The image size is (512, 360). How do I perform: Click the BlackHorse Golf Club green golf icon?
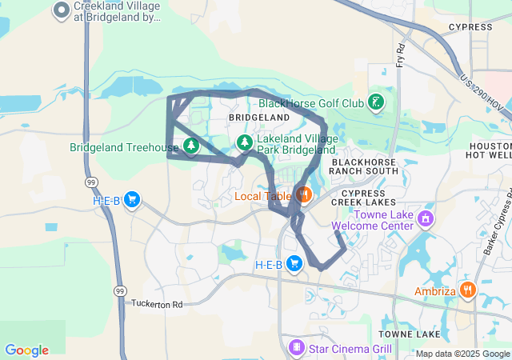[374, 102]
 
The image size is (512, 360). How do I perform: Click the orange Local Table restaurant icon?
[303, 194]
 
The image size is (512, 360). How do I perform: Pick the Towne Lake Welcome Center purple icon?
[426, 218]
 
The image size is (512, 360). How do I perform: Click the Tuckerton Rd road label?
[157, 304]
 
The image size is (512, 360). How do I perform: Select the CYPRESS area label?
[470, 26]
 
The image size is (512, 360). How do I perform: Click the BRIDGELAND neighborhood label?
[258, 117]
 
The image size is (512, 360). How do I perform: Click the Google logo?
[26, 350]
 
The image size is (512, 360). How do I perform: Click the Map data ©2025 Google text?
[462, 354]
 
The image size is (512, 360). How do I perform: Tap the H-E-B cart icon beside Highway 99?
[132, 200]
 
